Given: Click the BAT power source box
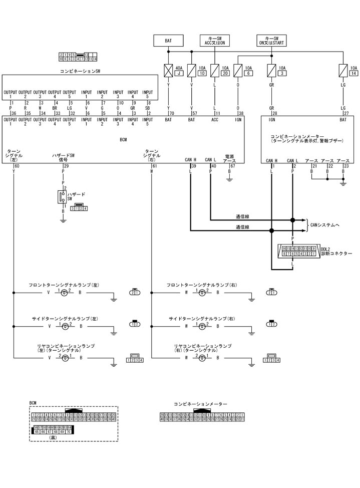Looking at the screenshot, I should coord(168,40).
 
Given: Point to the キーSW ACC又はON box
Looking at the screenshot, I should coord(215,40).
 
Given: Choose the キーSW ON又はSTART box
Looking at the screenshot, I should coord(272,40).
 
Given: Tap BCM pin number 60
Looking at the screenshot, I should coord(17,165).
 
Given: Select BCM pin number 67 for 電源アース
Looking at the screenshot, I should coord(232,165).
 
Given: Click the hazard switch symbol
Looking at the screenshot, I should coord(62,196).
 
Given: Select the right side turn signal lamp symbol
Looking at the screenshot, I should coord(202,326).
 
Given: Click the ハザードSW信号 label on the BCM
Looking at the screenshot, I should coord(63,157).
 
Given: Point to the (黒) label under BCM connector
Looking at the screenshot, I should coord(53,437).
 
